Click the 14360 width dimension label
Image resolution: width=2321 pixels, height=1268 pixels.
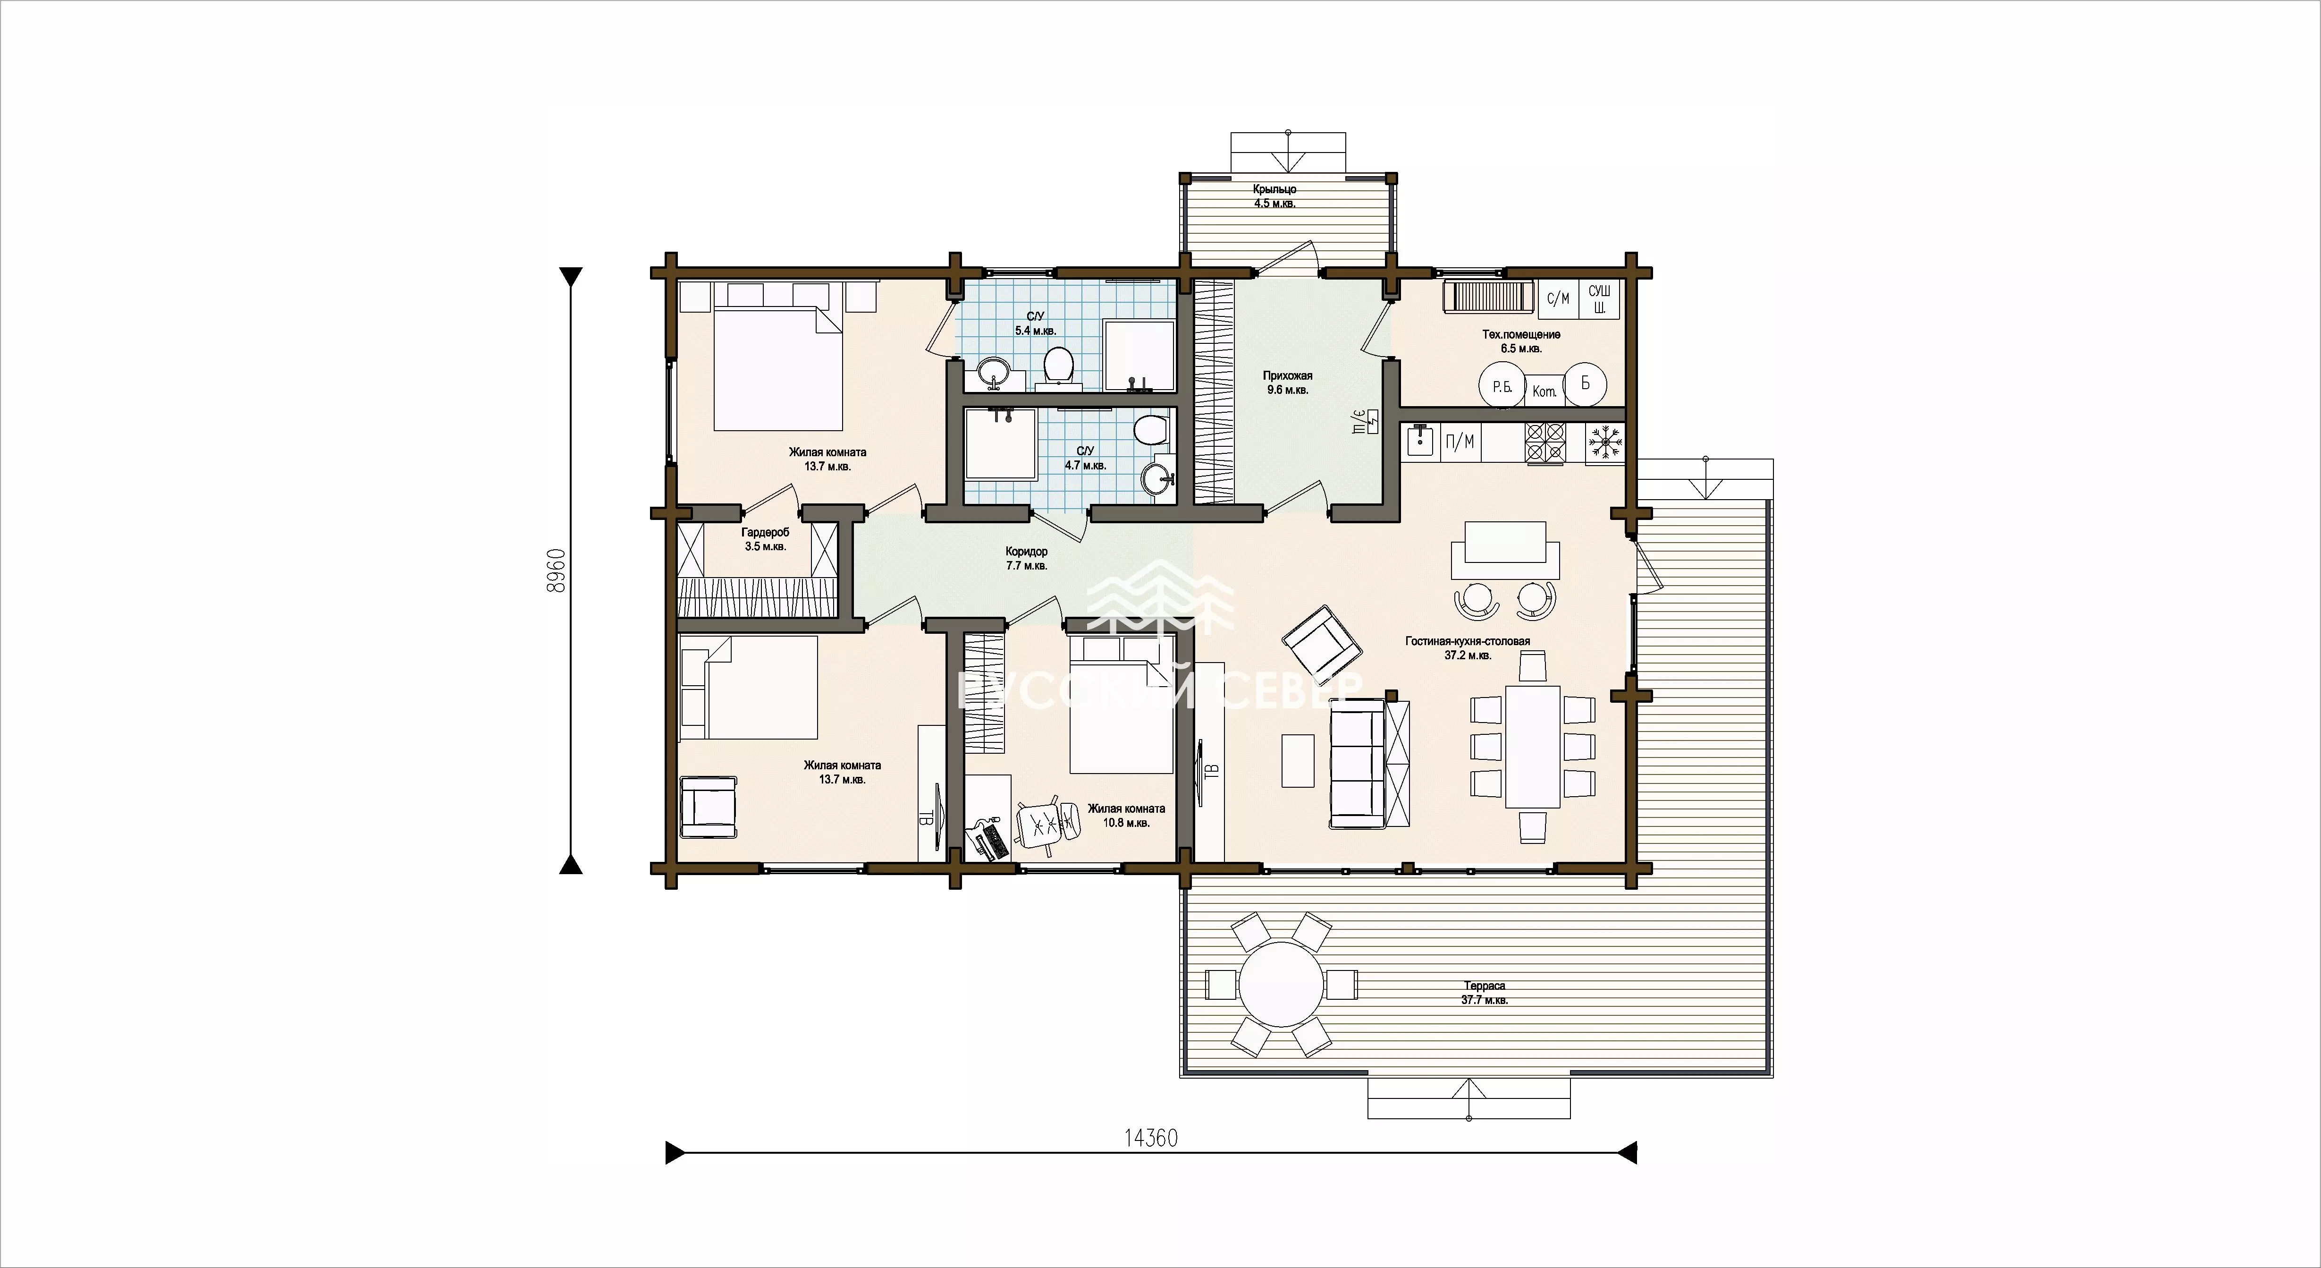[x=1151, y=1138]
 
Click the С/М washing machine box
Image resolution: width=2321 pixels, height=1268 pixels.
[x=1558, y=299]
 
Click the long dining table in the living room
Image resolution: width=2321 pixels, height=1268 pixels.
[x=1533, y=746]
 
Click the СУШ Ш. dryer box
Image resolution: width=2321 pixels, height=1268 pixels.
[x=1599, y=299]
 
